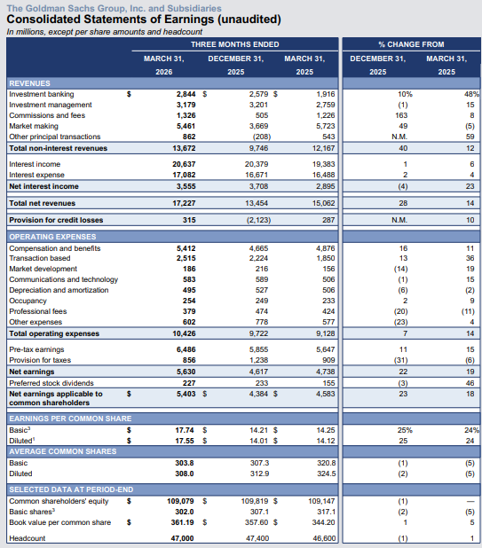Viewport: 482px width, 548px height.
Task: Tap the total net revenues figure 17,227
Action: pyautogui.click(x=183, y=203)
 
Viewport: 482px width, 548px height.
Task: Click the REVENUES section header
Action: pyautogui.click(x=29, y=82)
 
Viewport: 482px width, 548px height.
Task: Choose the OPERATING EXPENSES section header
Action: pyautogui.click(x=52, y=238)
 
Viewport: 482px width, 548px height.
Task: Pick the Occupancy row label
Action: pyautogui.click(x=26, y=301)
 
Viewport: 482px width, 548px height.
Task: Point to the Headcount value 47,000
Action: pyautogui.click(x=183, y=538)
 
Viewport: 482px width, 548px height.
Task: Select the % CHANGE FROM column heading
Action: pyautogui.click(x=410, y=43)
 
